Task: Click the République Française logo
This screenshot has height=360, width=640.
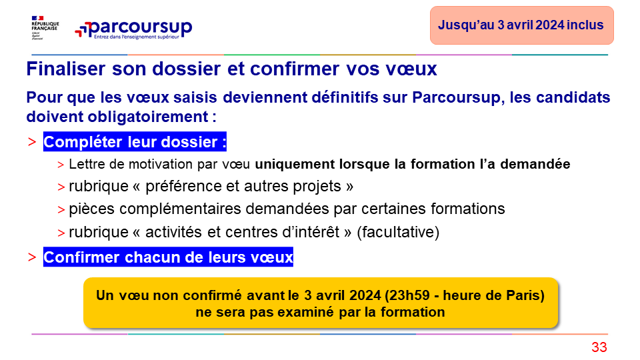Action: pos(45,28)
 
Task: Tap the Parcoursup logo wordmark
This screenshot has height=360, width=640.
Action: pos(133,29)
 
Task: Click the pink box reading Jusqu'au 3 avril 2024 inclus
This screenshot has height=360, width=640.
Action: pos(521,25)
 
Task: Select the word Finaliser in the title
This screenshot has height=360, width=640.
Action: pos(66,69)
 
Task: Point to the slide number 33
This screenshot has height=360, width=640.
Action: pos(599,347)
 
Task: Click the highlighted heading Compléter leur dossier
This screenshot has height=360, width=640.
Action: pos(135,141)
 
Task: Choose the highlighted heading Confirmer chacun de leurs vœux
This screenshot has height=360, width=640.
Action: pos(168,257)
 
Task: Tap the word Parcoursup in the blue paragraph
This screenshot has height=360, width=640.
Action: pos(456,98)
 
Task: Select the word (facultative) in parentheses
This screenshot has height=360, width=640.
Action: pos(398,232)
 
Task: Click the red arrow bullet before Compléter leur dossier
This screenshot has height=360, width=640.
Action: pos(32,142)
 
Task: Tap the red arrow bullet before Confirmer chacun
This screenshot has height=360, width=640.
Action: pos(32,257)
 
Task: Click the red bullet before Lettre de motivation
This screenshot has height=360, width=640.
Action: pos(61,165)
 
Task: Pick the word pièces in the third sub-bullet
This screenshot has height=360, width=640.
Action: pos(92,209)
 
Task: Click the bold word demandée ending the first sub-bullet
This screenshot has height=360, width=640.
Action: pos(535,164)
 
